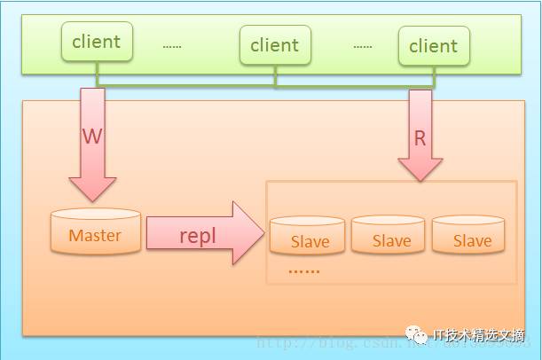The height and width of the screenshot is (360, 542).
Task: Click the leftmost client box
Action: (x=97, y=42)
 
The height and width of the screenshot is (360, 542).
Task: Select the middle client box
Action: (x=275, y=44)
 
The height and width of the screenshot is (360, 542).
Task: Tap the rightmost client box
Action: (x=433, y=45)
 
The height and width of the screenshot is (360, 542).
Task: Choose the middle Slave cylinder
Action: (x=391, y=235)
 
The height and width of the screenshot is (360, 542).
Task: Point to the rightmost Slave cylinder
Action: (x=472, y=235)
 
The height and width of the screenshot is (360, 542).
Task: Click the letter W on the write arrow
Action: (x=91, y=137)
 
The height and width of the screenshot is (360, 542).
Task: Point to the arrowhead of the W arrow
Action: (x=92, y=188)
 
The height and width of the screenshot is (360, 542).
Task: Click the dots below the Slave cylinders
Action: (x=304, y=270)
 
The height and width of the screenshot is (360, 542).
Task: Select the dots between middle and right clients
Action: (x=363, y=45)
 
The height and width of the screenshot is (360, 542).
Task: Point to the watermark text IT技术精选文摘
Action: (x=479, y=335)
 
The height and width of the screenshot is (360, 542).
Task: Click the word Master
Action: (x=95, y=236)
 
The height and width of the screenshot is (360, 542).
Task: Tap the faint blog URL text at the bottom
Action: (x=328, y=342)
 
